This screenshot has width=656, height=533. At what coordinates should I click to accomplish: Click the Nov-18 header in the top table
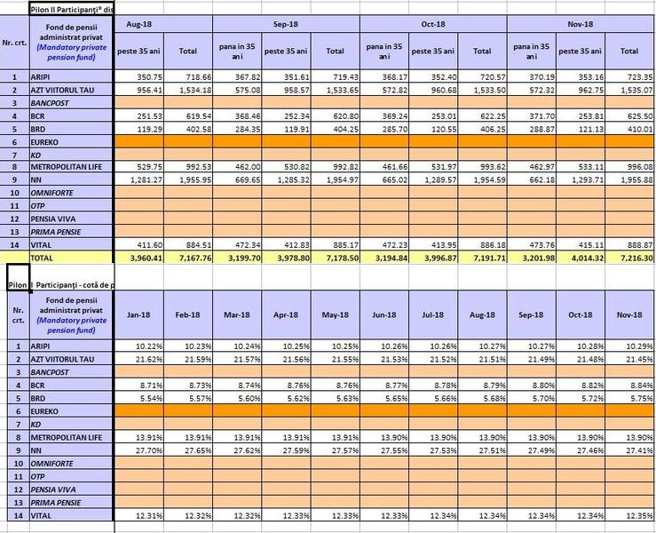click(x=581, y=23)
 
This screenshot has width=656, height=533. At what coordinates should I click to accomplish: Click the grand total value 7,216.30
click(x=632, y=258)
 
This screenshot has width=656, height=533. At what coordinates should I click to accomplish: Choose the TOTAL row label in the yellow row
click(x=44, y=258)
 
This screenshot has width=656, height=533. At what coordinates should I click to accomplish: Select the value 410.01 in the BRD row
click(x=634, y=130)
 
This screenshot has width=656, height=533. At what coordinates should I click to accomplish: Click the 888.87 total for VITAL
click(x=634, y=244)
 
